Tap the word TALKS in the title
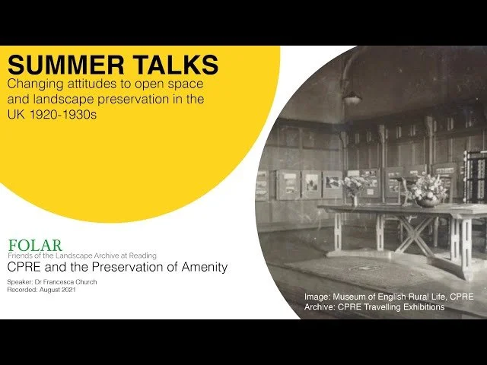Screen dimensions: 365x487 pos(170,65)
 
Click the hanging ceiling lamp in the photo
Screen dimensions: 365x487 pos(351,97)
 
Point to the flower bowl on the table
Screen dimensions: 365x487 pos(428,194)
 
